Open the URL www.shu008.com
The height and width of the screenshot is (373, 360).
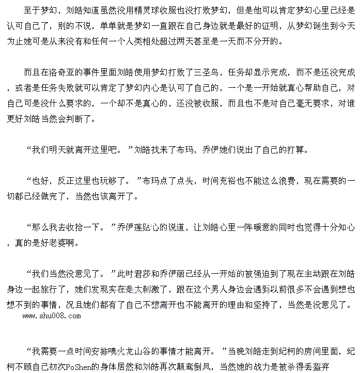click(52, 315)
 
